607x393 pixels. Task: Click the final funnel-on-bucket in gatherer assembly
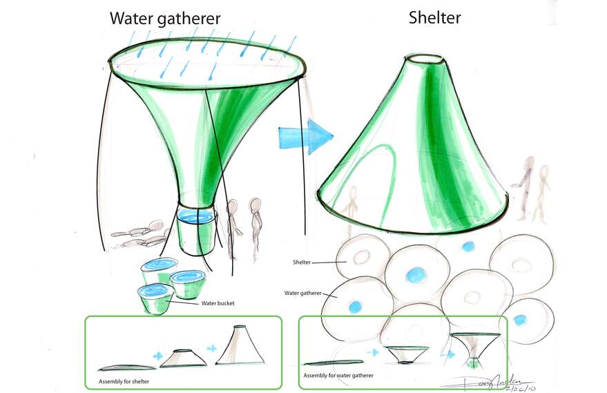[x=474, y=349]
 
